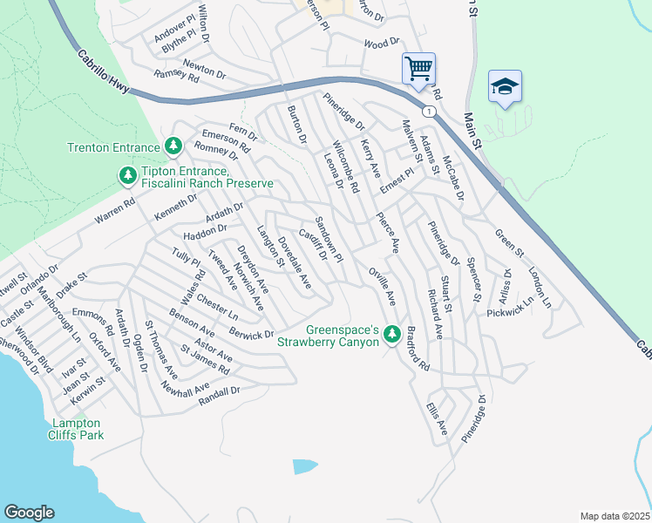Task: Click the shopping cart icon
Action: (x=418, y=68)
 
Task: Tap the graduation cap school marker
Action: (x=505, y=86)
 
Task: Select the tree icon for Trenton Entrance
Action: (x=173, y=146)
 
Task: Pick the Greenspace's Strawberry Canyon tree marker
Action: (x=392, y=334)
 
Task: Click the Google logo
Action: (x=29, y=513)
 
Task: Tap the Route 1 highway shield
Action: (x=428, y=112)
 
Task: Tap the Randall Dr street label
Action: (x=219, y=396)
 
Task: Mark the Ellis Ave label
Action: (x=437, y=419)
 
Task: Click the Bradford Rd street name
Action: (x=418, y=350)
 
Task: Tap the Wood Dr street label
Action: (x=381, y=42)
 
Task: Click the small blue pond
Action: (x=305, y=465)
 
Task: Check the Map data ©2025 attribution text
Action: (x=615, y=516)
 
